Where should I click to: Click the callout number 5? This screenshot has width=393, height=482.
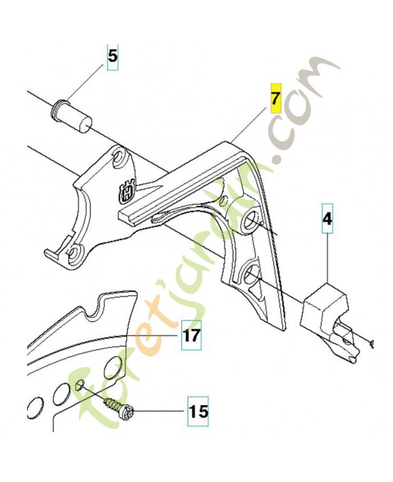point(113,57)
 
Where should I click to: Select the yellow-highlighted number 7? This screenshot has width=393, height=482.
point(275,98)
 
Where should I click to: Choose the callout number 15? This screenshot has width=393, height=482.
point(199,412)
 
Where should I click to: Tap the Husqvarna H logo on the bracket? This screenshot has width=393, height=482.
point(127,191)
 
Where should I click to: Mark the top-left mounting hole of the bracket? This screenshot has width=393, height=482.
point(118,157)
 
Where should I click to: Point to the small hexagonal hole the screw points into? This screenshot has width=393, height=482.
point(80,384)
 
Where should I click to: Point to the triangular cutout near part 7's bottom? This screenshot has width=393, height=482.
point(256,290)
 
